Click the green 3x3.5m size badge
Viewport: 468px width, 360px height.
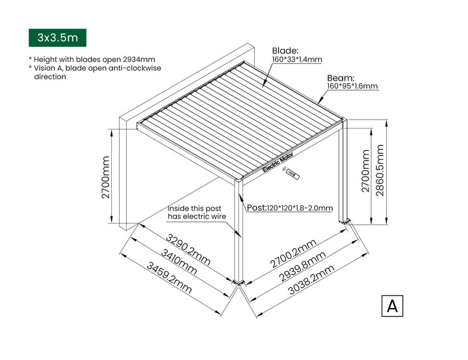coord(58,38)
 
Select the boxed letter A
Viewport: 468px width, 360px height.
coord(392,305)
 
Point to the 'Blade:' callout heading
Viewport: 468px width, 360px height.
coord(285,50)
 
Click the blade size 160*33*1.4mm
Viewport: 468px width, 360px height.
coord(296,60)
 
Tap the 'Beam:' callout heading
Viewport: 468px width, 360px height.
coord(340,77)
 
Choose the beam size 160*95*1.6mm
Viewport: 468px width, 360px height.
coord(352,86)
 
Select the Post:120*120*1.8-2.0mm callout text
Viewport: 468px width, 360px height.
coord(291,208)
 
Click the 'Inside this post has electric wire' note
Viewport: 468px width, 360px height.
coord(197,212)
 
